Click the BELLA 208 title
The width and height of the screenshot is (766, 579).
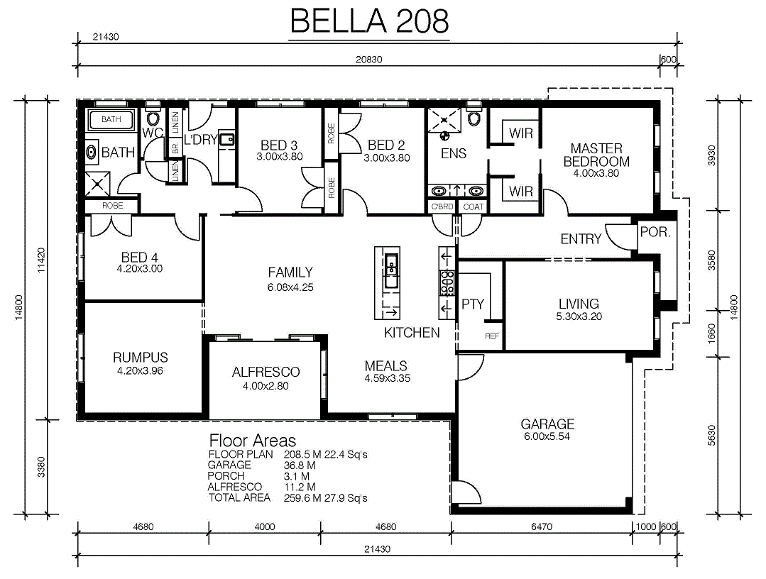coord(369,21)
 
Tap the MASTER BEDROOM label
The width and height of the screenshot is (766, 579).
coord(596,155)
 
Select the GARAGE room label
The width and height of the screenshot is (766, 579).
coord(547,424)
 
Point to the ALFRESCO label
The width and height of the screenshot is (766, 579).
coord(266,372)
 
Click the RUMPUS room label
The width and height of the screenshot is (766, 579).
coord(140,358)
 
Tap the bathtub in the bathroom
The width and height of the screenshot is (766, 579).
coord(111,120)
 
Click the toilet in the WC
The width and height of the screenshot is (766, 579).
coord(153,117)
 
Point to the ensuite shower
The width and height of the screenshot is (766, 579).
coord(444,120)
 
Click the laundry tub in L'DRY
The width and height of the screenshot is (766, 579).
coord(226,140)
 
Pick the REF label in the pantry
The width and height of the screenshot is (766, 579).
coord(492,336)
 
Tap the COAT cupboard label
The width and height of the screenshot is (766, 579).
coord(473,207)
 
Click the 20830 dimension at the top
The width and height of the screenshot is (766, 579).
coord(369,60)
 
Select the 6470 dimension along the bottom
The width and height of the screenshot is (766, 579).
coord(541,526)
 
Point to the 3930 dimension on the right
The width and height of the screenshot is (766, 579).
coord(712,155)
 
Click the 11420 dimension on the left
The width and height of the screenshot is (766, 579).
coord(41,260)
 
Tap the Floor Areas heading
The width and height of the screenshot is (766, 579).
coord(253,441)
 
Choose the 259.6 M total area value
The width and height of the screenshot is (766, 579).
coord(300,498)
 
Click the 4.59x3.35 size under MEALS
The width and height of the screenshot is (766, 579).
coord(388,378)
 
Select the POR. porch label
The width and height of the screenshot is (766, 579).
coord(655,232)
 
